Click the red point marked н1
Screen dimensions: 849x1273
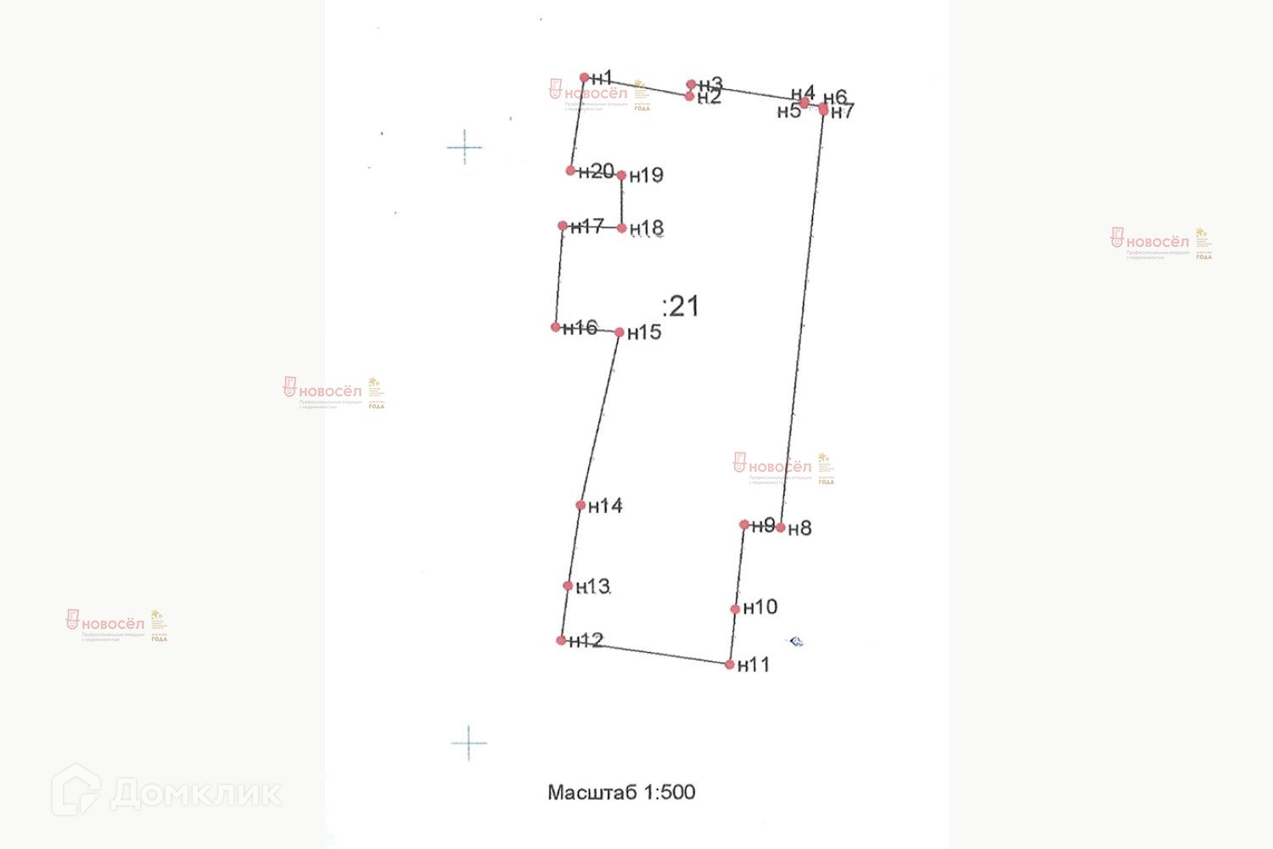click(x=584, y=77)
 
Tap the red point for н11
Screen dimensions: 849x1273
click(x=730, y=665)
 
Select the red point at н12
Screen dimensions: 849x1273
click(x=561, y=640)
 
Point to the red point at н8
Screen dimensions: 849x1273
click(x=781, y=527)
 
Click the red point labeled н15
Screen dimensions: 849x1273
click(x=620, y=332)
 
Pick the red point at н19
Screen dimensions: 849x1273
click(x=621, y=176)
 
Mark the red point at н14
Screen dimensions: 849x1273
click(x=580, y=505)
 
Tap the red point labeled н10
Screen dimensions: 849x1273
click(x=735, y=609)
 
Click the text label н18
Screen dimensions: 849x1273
click(x=647, y=228)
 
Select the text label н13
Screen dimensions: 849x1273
click(x=593, y=587)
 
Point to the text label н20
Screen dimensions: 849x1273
click(x=597, y=171)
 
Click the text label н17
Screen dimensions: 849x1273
click(x=587, y=227)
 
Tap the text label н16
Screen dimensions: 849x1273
click(x=580, y=328)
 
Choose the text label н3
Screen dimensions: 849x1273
click(x=711, y=84)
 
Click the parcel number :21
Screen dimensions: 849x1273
click(x=681, y=306)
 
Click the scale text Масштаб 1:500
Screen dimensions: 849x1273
click(x=621, y=792)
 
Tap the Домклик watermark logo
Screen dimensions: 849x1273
click(x=166, y=791)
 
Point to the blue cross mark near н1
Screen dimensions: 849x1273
click(x=464, y=148)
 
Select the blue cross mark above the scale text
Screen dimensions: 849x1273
click(x=468, y=743)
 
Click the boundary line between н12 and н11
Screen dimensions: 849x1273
click(x=645, y=652)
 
